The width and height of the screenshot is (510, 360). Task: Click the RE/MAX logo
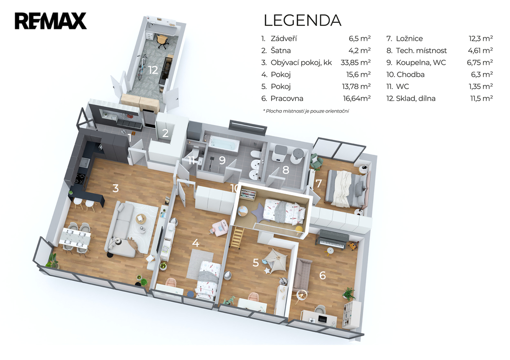point(50,21)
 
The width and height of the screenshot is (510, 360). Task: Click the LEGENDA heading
point(302,20)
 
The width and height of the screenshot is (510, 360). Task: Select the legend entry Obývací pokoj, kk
point(301,62)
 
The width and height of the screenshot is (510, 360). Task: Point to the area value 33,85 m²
point(356,62)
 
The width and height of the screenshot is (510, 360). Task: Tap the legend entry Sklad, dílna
point(415,98)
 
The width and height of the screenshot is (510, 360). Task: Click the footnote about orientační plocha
point(306,111)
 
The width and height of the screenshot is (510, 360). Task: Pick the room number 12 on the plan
point(153,70)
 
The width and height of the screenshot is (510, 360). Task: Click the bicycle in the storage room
point(141,67)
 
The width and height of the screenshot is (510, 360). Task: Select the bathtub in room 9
point(224,143)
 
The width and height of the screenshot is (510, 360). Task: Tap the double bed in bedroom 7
point(347,188)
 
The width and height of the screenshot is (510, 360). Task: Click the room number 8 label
point(285,170)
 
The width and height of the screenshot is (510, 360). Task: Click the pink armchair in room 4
point(220,227)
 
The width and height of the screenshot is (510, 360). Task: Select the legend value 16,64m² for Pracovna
point(357,98)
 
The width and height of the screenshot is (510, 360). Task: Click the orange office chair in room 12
point(162,41)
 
